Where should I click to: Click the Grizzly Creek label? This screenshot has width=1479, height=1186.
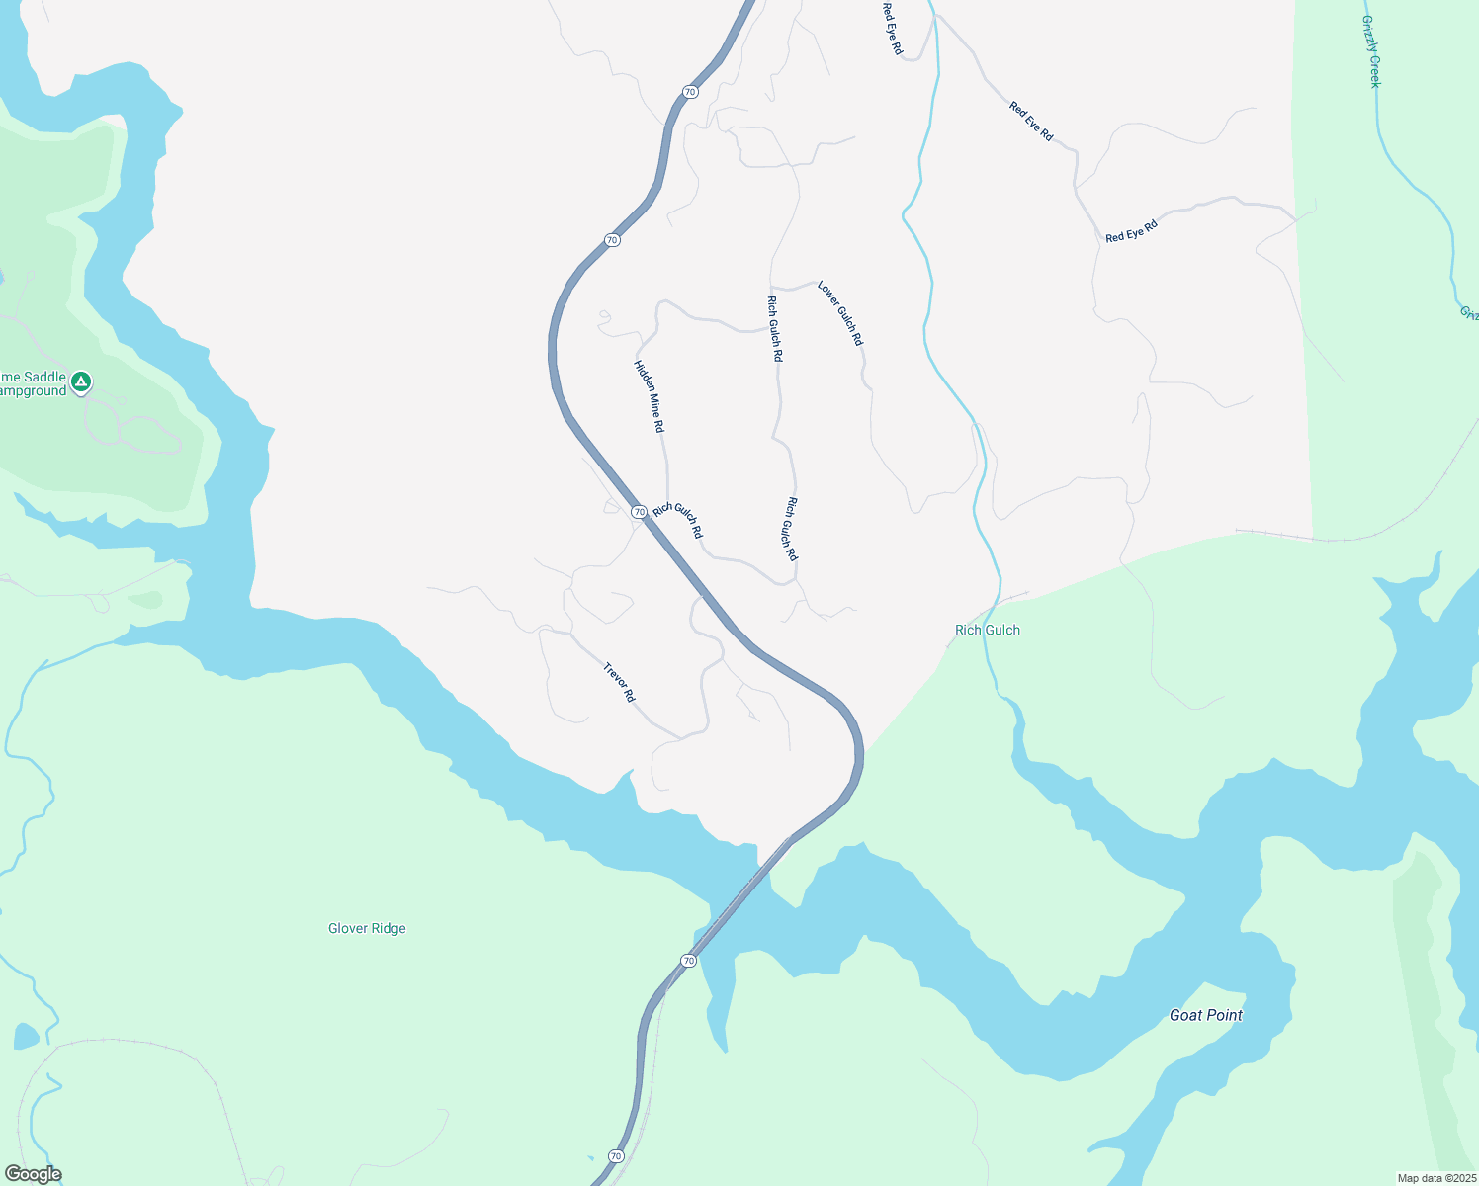coord(1370,51)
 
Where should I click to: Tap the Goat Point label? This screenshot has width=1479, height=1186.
coord(1205,1015)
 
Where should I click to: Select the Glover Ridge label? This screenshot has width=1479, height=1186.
coord(367,928)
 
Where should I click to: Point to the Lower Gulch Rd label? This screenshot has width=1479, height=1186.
coord(840,313)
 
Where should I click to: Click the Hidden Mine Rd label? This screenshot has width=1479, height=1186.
coord(649,395)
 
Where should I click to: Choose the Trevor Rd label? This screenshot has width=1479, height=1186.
coord(619,682)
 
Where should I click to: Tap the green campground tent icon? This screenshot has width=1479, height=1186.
coord(81,381)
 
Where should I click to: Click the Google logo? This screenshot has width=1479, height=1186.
coord(33,1174)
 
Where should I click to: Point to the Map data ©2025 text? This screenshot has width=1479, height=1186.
coord(1435,1178)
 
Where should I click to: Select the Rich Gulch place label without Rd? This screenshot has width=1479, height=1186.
coord(987,630)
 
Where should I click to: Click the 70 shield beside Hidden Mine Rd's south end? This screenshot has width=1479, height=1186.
coord(639,512)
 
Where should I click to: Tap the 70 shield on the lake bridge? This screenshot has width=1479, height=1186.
coord(688,961)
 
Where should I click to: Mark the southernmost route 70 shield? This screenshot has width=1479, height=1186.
coord(616,1156)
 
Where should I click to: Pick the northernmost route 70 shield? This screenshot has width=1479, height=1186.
coord(690,92)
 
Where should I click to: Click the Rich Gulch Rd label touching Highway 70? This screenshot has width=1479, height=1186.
coord(678,520)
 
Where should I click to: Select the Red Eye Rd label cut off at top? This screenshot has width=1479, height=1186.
coord(892,28)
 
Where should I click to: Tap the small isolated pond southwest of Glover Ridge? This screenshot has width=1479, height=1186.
coord(27,1037)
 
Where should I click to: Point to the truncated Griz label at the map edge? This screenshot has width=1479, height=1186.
coord(1469,313)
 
